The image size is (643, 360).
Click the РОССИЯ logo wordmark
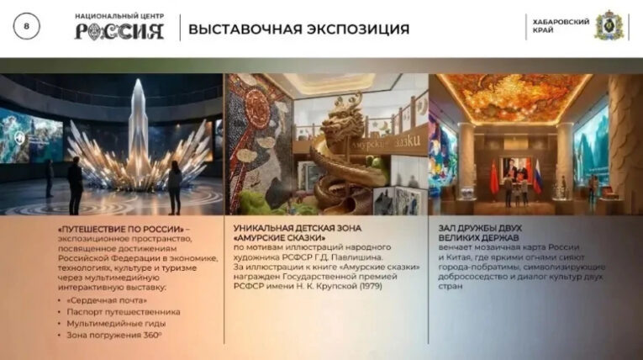119,33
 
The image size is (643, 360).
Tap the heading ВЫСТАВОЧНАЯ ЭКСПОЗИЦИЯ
298,29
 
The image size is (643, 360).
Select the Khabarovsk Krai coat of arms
608,25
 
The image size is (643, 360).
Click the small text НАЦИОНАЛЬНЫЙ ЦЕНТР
119,15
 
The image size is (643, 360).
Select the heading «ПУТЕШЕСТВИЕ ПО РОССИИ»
121,228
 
